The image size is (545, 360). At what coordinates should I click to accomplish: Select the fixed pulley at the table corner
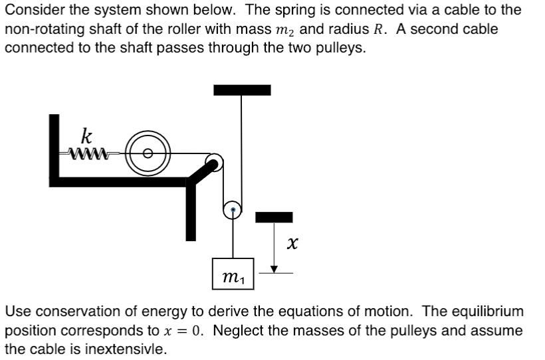coord(214,161)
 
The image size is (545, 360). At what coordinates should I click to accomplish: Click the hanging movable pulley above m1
coord(232,210)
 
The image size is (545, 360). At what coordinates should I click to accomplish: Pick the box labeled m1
coord(233,274)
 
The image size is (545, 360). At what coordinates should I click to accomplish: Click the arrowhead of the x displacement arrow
coord(273,268)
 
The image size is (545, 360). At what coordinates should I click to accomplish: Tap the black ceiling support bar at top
coord(242,90)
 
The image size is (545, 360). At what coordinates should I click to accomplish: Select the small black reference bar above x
coord(274,217)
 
